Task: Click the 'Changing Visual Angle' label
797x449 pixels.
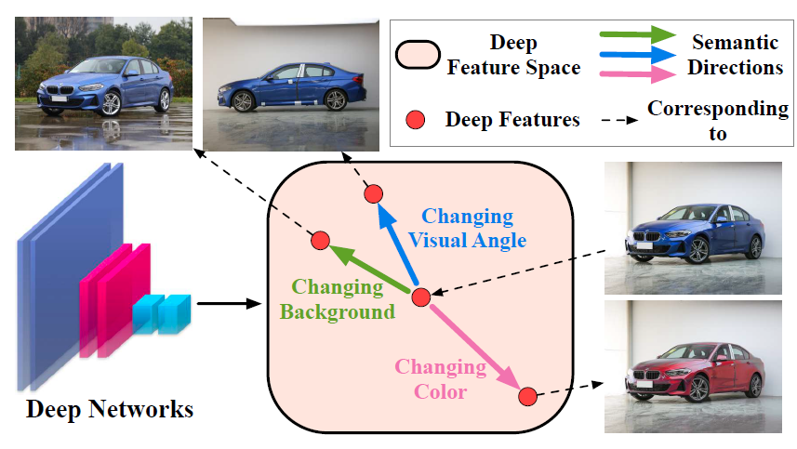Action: (468, 229)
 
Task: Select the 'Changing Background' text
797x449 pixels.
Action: (338, 300)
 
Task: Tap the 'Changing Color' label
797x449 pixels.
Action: (440, 378)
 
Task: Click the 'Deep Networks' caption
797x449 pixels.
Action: (110, 408)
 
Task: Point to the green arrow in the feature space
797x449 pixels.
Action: (368, 270)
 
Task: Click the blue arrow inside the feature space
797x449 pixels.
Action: (396, 244)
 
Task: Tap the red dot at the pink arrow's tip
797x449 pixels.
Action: (526, 397)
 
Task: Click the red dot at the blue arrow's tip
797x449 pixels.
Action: (373, 193)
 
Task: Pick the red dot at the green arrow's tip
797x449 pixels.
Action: (320, 241)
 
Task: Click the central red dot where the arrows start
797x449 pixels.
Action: (419, 297)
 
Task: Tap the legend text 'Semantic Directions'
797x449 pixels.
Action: (734, 55)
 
